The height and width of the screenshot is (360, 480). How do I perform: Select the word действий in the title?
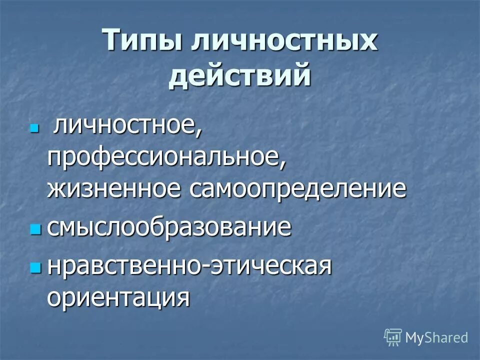240,76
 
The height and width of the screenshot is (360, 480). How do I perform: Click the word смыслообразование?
169,227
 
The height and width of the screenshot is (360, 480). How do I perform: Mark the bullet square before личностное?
34,128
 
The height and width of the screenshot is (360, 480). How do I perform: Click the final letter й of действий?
301,76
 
